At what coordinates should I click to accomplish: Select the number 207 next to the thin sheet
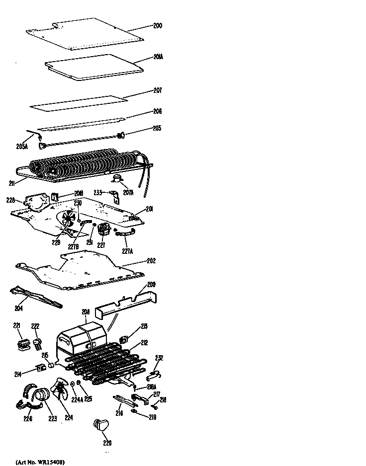point(157,91)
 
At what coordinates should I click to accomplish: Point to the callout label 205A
point(22,147)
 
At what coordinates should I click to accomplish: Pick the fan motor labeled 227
point(104,230)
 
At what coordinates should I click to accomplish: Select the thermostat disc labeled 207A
point(117,181)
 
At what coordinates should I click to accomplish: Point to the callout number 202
point(151,261)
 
